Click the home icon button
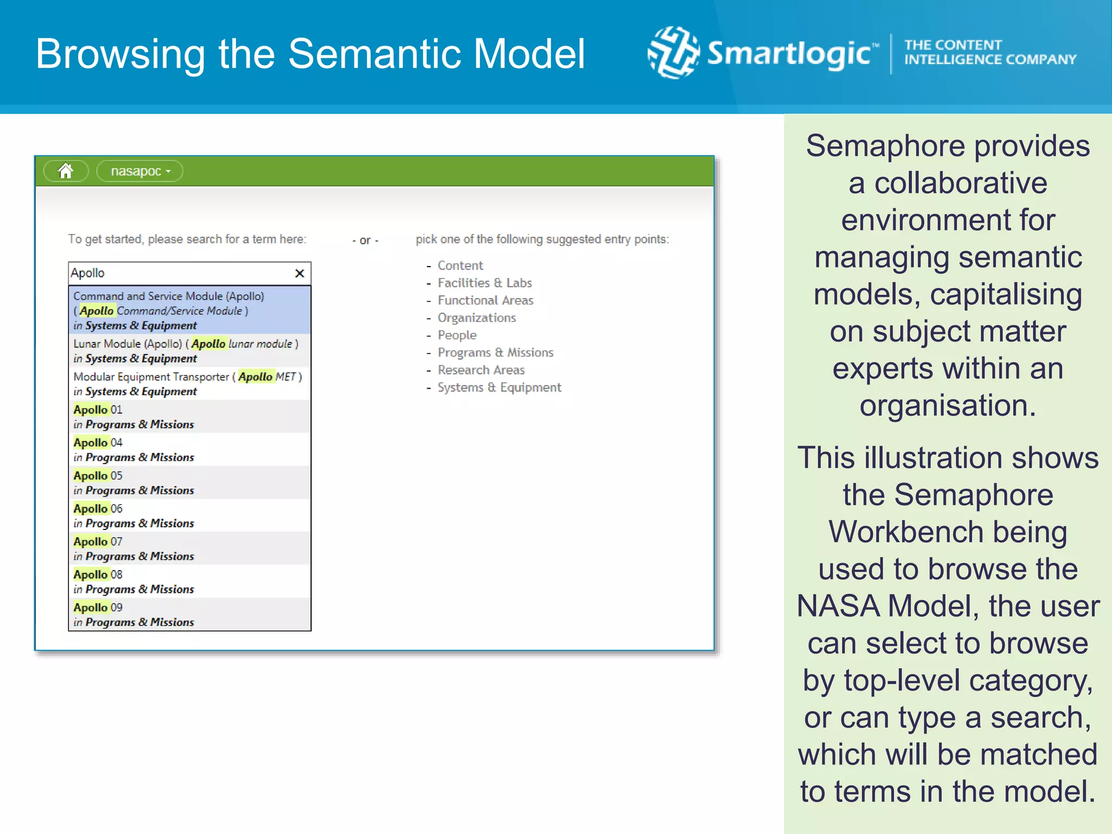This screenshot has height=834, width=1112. click(66, 171)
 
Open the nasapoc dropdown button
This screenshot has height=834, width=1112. click(140, 171)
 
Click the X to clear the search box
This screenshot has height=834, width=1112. click(299, 273)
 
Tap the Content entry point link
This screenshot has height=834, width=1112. click(460, 266)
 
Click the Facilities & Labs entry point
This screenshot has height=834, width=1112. click(484, 283)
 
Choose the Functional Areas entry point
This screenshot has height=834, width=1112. click(485, 300)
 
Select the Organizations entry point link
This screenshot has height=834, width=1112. click(477, 318)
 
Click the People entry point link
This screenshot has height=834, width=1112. click(457, 335)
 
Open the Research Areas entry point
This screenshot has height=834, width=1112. click(481, 370)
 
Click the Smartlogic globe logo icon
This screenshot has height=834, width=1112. click(673, 53)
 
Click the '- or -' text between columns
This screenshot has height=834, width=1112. click(365, 240)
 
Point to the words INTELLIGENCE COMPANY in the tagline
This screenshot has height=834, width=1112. click(990, 60)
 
